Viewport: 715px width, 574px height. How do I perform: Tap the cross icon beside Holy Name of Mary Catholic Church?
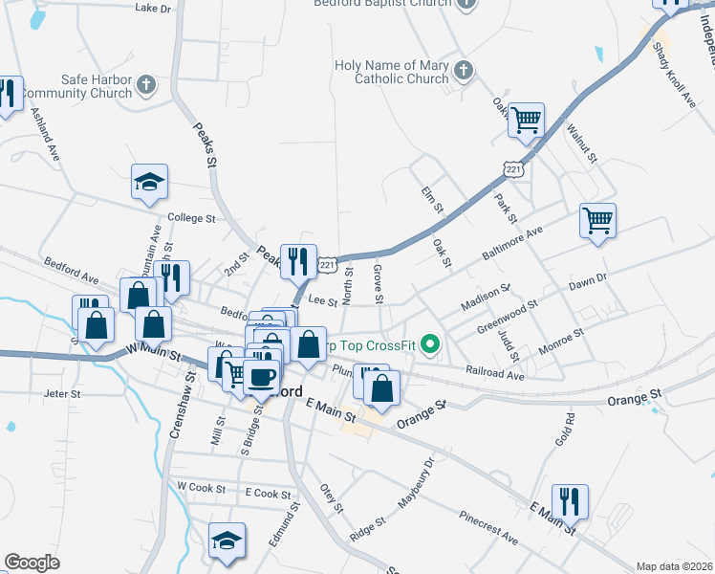pos(463,71)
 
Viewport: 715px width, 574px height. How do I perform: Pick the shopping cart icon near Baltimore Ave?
pos(597,220)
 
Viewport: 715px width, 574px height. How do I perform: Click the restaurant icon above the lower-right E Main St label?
pos(570,499)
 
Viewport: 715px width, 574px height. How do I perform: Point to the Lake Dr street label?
pos(153,8)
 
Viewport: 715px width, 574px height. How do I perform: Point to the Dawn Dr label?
pos(588,279)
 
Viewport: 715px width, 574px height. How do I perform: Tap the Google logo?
pos(32,562)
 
